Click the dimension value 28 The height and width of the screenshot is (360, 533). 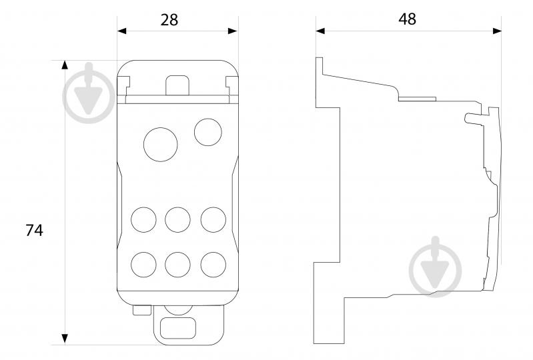169,20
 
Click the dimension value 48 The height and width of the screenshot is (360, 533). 407,19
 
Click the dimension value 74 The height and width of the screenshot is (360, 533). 34,230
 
